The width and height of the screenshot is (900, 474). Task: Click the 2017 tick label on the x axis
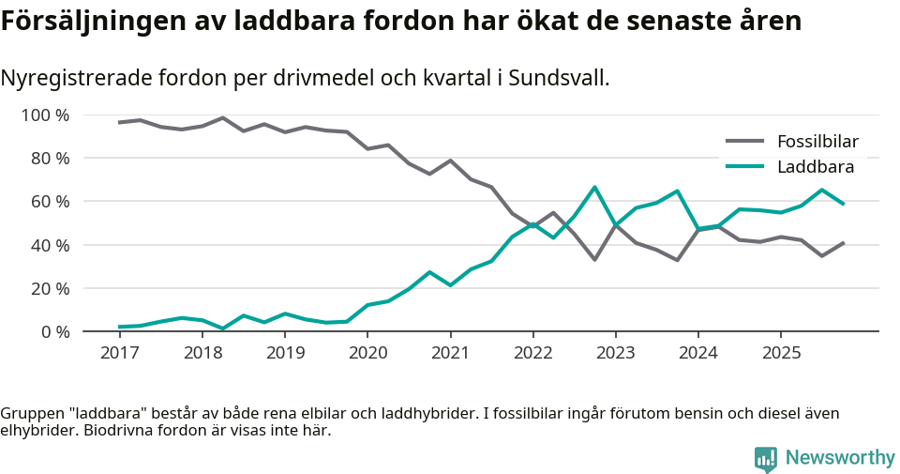(119, 353)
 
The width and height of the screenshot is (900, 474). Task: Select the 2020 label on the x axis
(367, 353)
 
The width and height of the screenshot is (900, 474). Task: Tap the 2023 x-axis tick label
(615, 353)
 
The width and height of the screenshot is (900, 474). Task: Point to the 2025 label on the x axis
(781, 353)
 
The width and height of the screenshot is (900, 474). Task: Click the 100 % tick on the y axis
(46, 115)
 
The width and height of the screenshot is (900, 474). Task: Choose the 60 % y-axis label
(50, 202)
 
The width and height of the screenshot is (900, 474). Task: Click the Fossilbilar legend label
(817, 142)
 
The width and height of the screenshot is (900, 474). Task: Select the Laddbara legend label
(815, 167)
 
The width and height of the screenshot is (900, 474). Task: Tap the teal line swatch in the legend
(745, 167)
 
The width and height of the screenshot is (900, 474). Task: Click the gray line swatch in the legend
(745, 142)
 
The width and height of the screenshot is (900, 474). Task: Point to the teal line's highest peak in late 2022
(594, 187)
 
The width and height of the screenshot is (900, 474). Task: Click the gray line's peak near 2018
(222, 117)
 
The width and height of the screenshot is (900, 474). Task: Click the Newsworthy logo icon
(766, 458)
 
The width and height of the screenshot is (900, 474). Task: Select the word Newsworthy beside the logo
(840, 458)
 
